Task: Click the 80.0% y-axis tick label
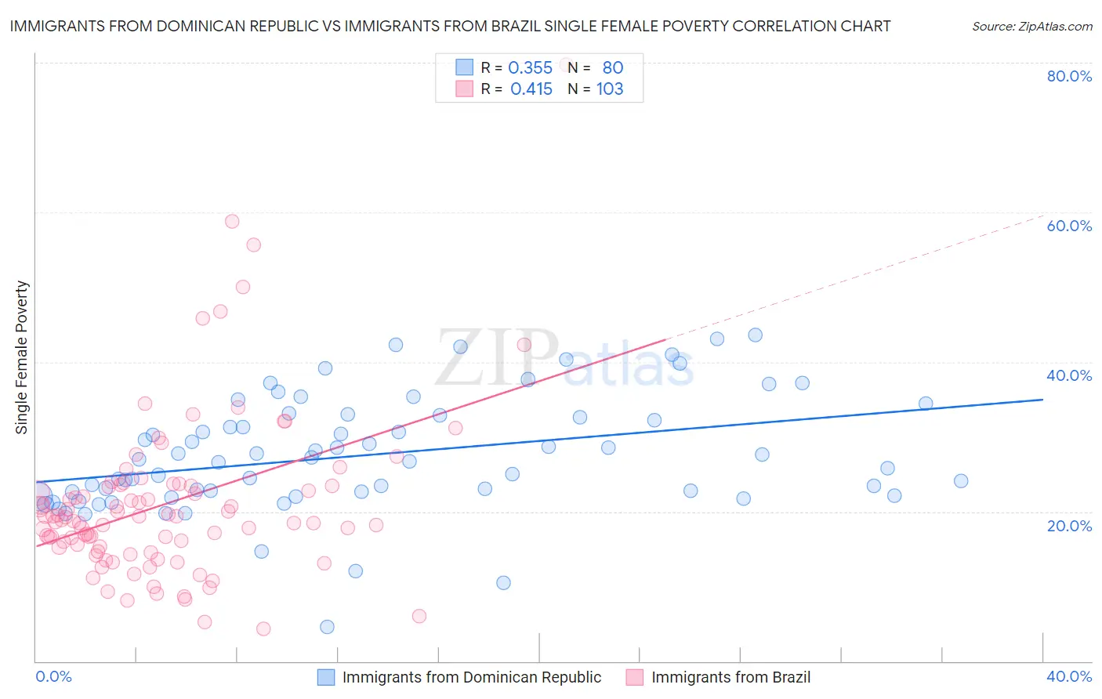click(1069, 76)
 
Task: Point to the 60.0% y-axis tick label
click(1069, 226)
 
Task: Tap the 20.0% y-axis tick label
click(1069, 525)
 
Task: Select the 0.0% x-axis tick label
click(53, 676)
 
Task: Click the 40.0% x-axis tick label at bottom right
click(1069, 676)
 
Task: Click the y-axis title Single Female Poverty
click(22, 357)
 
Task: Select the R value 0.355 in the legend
click(530, 68)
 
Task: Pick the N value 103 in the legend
click(610, 89)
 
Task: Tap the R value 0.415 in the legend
click(531, 89)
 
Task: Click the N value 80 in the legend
click(612, 68)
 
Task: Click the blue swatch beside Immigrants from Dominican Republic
click(326, 677)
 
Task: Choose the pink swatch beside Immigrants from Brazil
click(635, 677)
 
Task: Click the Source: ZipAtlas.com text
click(1031, 26)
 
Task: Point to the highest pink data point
click(232, 221)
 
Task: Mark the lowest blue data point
click(328, 627)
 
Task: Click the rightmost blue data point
click(961, 481)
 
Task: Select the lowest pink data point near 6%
click(263, 628)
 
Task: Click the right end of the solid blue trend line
click(1042, 400)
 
